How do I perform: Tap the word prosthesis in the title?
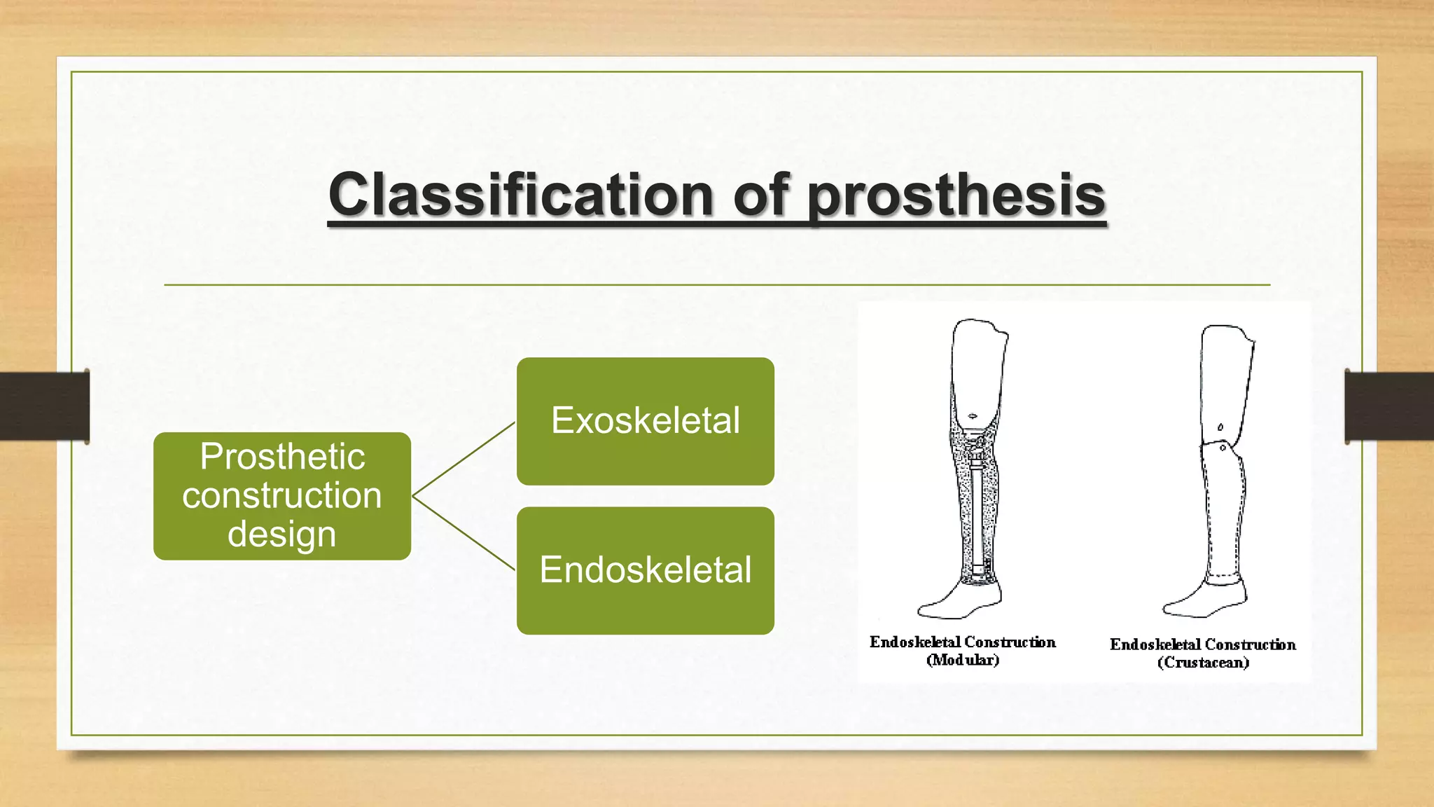pyautogui.click(x=956, y=198)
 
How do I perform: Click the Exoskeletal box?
pyautogui.click(x=646, y=421)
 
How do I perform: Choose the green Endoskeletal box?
pyautogui.click(x=646, y=570)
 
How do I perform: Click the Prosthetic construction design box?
pyautogui.click(x=282, y=496)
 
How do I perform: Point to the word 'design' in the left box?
pyautogui.click(x=282, y=535)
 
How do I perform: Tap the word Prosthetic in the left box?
pyautogui.click(x=282, y=457)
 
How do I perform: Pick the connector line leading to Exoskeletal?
pyautogui.click(x=464, y=459)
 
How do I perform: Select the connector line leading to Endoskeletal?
pyautogui.click(x=464, y=533)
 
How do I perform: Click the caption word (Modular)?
pyautogui.click(x=963, y=660)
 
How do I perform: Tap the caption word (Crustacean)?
pyautogui.click(x=1203, y=663)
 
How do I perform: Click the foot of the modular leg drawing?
pyautogui.click(x=959, y=601)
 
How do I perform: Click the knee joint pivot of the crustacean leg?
pyautogui.click(x=1223, y=447)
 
